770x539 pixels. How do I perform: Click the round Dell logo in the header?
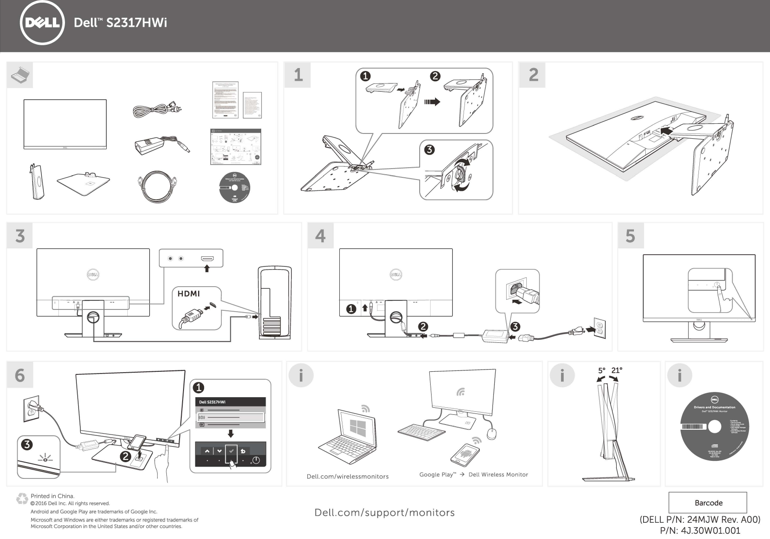pyautogui.click(x=42, y=23)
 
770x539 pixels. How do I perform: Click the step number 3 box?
pyautogui.click(x=20, y=236)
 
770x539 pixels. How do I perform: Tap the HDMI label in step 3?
pyautogui.click(x=188, y=294)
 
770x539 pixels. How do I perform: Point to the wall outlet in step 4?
pyautogui.click(x=600, y=328)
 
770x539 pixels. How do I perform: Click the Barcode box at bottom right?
pyautogui.click(x=708, y=503)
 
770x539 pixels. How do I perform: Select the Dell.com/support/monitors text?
pyautogui.click(x=385, y=513)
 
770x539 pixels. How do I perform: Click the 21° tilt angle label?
pyautogui.click(x=617, y=370)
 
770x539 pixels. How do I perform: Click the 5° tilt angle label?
pyautogui.click(x=601, y=370)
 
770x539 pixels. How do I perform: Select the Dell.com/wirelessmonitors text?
pyautogui.click(x=347, y=477)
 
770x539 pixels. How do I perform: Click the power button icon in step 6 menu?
pyautogui.click(x=256, y=460)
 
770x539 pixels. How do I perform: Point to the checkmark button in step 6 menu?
pyautogui.click(x=231, y=451)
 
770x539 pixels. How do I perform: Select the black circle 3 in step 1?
pyautogui.click(x=429, y=149)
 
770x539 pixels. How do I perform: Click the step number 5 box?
pyautogui.click(x=630, y=236)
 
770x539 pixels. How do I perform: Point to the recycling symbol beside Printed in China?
pyautogui.click(x=22, y=499)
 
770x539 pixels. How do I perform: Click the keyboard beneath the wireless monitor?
pyautogui.click(x=421, y=432)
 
